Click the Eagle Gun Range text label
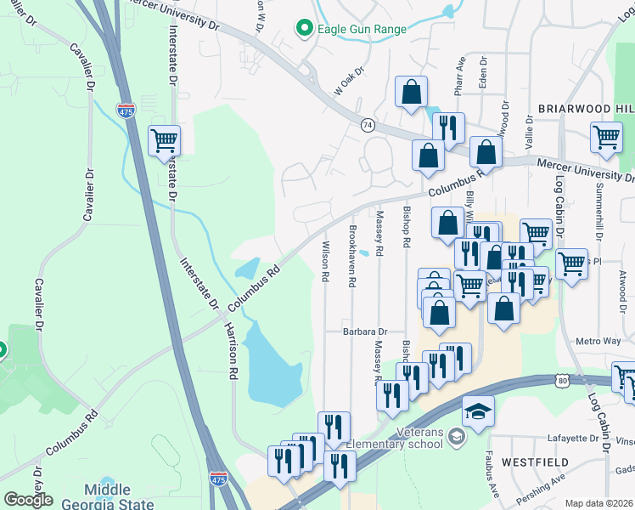[x=362, y=29]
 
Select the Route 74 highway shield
[x=367, y=124]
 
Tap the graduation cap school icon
[x=478, y=411]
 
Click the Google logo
[x=28, y=500]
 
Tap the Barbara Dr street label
[x=365, y=331]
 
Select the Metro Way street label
[x=599, y=341]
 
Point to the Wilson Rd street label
[x=324, y=261]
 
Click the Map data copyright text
[x=597, y=503]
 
